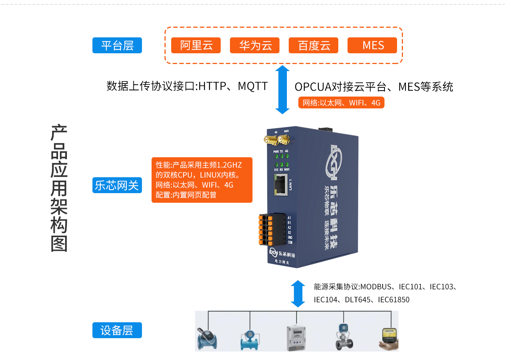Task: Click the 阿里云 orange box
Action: tap(196, 46)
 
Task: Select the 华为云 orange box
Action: tap(255, 46)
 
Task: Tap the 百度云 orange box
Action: tap(313, 46)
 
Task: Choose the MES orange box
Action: tap(372, 46)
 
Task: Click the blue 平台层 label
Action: tap(117, 46)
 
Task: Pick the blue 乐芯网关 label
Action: tap(117, 185)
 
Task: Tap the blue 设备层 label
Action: tap(117, 330)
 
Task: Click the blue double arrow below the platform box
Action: tap(282, 90)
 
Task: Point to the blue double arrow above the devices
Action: tap(298, 294)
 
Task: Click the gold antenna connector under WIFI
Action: tap(284, 139)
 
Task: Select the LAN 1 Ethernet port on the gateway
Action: tap(281, 185)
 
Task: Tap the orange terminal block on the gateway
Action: tap(266, 229)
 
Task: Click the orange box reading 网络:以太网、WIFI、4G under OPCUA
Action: tap(341, 102)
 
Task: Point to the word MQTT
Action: tap(253, 86)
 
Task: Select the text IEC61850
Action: tap(394, 300)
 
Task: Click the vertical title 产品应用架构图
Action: tap(59, 188)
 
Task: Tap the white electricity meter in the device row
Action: tap(296, 337)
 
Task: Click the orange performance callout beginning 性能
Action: tap(202, 180)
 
